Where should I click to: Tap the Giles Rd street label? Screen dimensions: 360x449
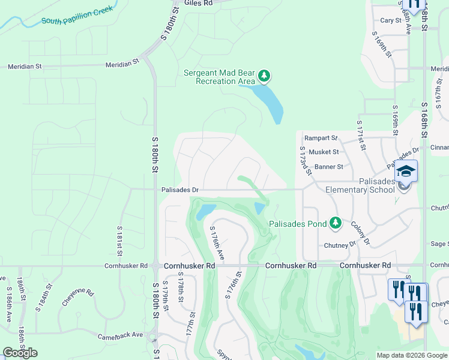(x=199, y=4)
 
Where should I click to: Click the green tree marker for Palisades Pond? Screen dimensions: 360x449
(x=336, y=224)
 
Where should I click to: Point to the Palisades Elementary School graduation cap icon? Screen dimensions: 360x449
(x=406, y=170)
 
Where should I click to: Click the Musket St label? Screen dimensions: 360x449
(x=323, y=152)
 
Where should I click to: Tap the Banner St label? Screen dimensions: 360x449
(x=328, y=167)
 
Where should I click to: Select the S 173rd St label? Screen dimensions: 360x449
(x=304, y=160)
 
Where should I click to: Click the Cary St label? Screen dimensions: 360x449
(x=390, y=20)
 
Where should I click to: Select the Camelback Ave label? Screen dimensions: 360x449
(x=121, y=335)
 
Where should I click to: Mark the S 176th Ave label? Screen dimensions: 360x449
(x=216, y=243)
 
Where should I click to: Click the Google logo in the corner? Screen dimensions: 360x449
(x=20, y=353)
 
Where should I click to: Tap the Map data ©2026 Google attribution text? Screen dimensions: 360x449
(x=412, y=355)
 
